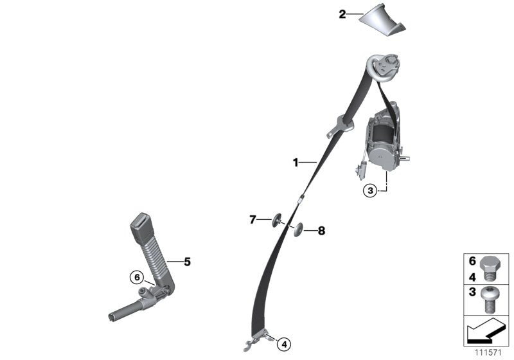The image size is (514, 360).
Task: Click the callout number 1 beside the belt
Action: pos(296,163)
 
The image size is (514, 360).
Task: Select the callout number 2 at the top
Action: pos(342,14)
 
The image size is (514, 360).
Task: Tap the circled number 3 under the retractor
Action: pos(371,190)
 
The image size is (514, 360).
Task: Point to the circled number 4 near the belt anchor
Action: pos(284,345)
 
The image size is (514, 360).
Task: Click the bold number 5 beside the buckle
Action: pos(187,262)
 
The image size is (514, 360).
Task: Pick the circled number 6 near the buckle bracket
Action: pos(137,277)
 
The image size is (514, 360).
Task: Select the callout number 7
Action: pos(253,219)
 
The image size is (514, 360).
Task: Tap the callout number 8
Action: pos(322,231)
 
